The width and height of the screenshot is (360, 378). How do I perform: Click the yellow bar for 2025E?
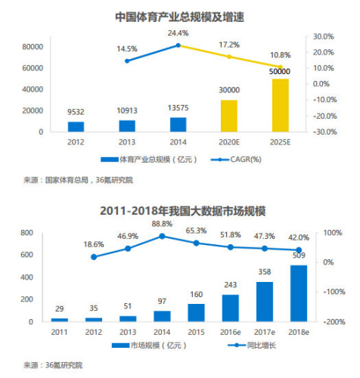[280, 105]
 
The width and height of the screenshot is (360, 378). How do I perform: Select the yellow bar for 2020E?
[229, 116]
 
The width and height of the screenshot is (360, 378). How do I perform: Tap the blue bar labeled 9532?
[76, 127]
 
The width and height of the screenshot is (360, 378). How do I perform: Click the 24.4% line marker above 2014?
[178, 45]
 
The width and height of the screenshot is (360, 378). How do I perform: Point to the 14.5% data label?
[127, 49]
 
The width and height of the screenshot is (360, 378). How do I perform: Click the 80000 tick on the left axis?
[33, 47]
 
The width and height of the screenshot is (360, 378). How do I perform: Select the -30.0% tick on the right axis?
[325, 132]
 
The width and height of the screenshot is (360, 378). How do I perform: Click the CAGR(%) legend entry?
[236, 160]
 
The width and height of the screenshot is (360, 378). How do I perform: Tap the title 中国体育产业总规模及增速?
[180, 17]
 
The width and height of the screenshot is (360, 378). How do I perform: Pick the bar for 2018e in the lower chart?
[299, 293]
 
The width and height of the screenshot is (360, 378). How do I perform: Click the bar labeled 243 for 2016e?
[231, 308]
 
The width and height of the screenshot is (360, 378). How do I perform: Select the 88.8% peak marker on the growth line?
[162, 236]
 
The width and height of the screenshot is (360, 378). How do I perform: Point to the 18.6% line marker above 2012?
[94, 257]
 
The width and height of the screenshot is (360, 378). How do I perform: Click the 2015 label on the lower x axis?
[196, 332]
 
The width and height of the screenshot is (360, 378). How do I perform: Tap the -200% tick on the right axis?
[334, 322]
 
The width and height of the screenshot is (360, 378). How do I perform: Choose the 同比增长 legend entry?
[252, 345]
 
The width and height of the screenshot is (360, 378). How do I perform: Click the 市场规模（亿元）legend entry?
[149, 345]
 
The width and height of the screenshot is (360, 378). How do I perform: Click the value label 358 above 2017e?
[265, 272]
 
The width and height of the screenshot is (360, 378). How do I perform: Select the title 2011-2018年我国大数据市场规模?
[183, 211]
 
